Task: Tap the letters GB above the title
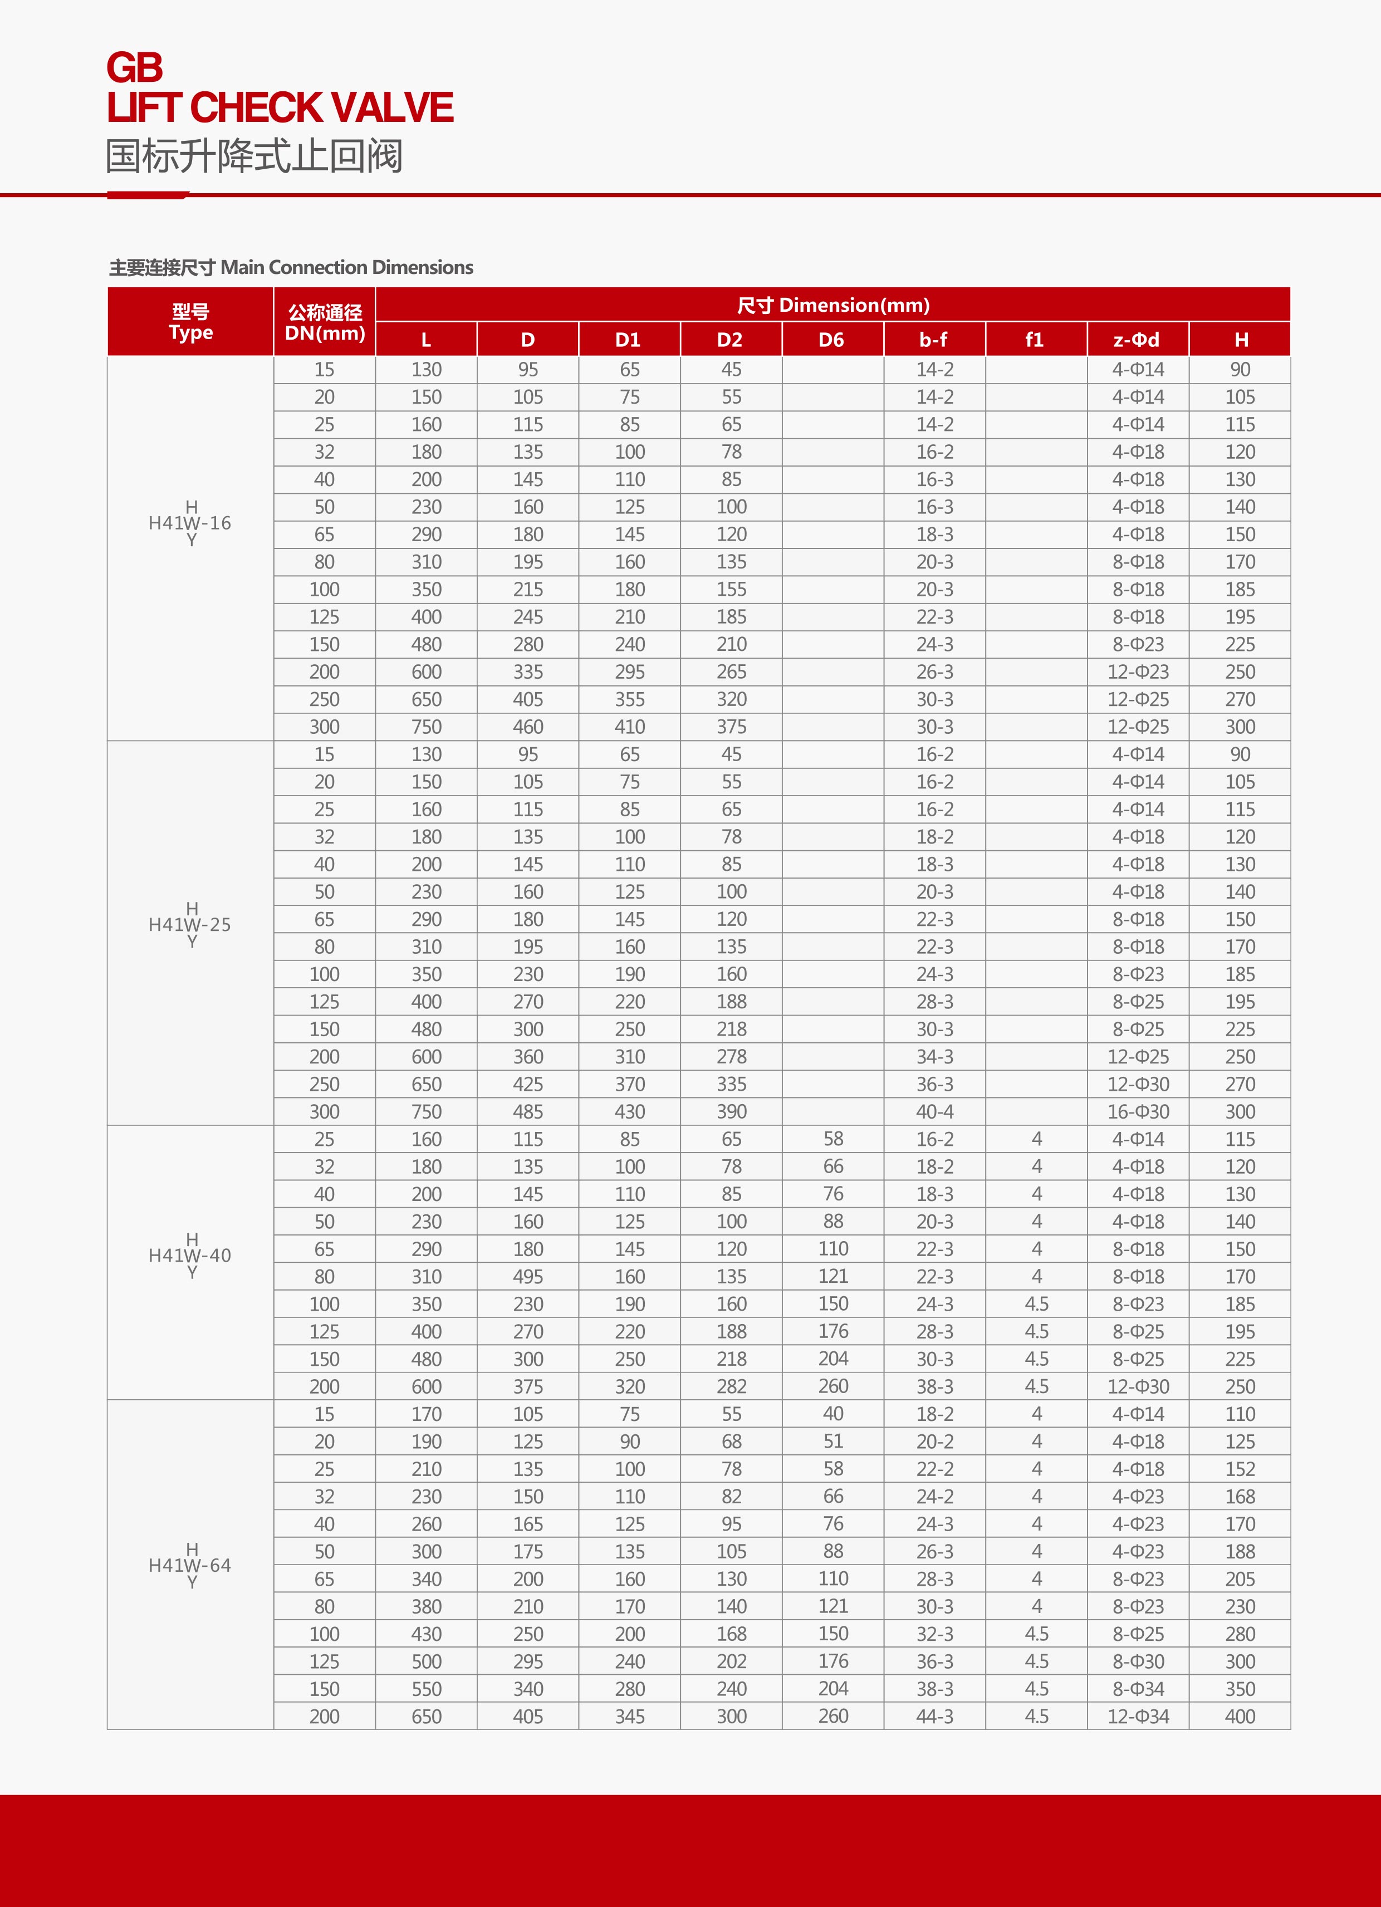coord(135,67)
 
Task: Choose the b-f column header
coord(933,340)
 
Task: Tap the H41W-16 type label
coord(190,523)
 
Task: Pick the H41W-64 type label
coord(190,1565)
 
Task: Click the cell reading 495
coord(528,1276)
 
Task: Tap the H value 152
coord(1240,1469)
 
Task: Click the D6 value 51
coord(832,1441)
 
